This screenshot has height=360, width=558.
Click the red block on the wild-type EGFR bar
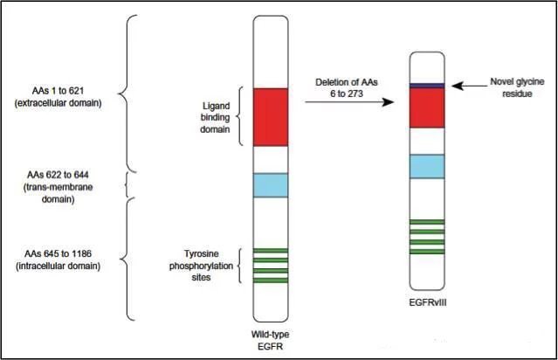click(271, 117)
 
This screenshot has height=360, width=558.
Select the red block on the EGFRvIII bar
click(427, 107)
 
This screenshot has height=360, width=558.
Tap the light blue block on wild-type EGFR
click(271, 185)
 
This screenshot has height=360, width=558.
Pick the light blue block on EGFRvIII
click(427, 166)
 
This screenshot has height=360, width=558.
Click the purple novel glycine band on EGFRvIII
click(427, 86)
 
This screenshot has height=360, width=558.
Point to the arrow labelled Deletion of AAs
click(349, 102)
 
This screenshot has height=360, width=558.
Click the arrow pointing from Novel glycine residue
click(470, 86)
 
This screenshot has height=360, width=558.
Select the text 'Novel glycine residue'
click(517, 87)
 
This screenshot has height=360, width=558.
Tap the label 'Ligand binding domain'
click(215, 117)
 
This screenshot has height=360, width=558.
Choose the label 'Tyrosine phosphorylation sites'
click(201, 266)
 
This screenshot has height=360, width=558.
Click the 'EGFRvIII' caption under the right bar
click(428, 302)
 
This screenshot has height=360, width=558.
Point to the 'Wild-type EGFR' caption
click(270, 340)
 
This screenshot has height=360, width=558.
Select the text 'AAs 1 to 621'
click(58, 91)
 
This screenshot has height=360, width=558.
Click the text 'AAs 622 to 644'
click(58, 175)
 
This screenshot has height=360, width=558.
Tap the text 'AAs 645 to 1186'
click(58, 253)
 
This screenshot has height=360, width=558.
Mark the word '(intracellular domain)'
click(58, 266)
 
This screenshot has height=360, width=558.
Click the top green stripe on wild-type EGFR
click(271, 251)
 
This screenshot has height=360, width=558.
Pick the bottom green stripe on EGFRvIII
click(427, 252)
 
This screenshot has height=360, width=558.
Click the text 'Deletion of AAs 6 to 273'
click(347, 87)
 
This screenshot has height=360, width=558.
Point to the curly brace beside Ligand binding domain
click(240, 116)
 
